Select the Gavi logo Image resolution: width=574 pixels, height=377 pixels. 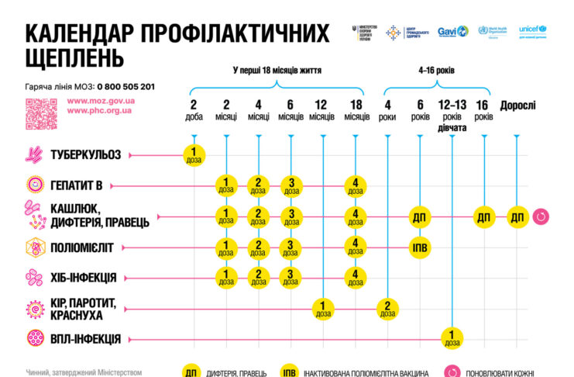(453, 32)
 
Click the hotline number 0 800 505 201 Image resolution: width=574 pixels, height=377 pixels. (125, 87)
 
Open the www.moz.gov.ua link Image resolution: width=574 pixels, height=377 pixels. (101, 100)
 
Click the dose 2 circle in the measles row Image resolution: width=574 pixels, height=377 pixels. (387, 308)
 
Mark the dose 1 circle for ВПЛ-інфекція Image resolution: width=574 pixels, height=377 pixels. (452, 338)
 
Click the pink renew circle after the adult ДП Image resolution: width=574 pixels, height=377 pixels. (541, 217)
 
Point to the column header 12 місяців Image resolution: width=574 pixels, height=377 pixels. (321, 110)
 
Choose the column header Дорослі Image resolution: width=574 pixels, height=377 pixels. (517, 105)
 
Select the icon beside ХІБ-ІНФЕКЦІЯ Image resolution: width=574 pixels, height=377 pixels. (34, 277)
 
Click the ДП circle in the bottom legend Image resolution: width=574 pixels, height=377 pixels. (191, 372)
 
